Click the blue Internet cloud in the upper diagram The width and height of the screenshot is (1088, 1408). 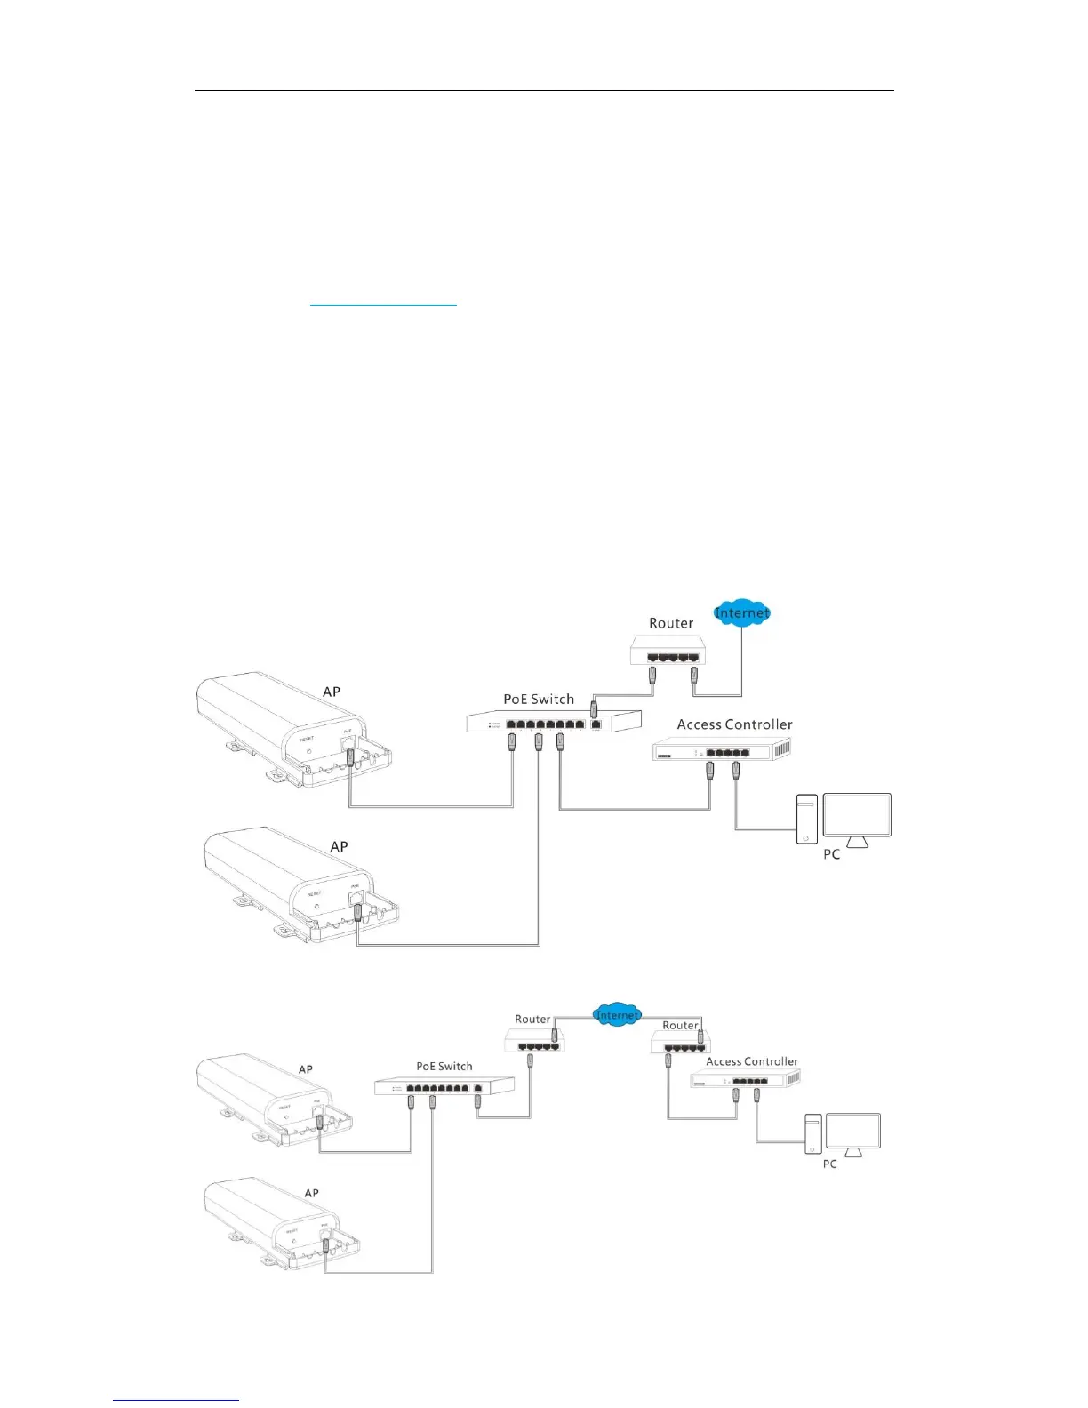click(741, 612)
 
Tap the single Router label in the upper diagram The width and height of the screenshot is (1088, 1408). click(671, 623)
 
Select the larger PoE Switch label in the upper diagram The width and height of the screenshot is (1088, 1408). click(539, 700)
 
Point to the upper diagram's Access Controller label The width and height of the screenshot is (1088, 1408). click(734, 724)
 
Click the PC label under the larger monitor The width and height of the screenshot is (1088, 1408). click(832, 854)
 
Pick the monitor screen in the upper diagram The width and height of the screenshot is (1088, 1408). click(857, 815)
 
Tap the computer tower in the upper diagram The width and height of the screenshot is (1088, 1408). click(806, 819)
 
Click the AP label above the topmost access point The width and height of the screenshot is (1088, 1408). click(332, 692)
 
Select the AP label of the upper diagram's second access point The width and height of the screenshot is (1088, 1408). click(339, 846)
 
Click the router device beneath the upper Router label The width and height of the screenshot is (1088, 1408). click(668, 652)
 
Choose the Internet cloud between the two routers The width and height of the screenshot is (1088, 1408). click(617, 1014)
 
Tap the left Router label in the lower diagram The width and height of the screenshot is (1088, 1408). click(532, 1020)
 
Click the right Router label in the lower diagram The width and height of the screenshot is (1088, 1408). click(680, 1026)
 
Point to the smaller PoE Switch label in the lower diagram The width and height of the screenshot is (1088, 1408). click(444, 1067)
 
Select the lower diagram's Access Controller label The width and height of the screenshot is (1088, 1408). click(752, 1061)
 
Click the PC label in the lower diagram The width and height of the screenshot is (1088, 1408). click(830, 1164)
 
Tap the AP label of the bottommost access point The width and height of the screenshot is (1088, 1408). click(311, 1193)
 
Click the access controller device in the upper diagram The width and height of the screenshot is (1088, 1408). click(722, 750)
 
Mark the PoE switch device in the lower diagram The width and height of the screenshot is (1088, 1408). click(444, 1086)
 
